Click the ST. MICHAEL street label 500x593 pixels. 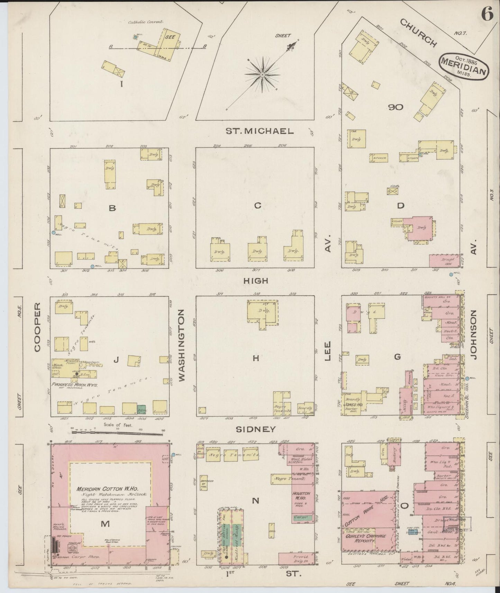(260, 131)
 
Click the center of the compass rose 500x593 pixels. (262, 74)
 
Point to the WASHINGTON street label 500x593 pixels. (182, 346)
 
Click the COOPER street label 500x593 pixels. (37, 327)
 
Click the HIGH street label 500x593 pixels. (256, 281)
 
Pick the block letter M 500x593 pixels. (105, 524)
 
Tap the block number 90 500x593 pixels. (396, 107)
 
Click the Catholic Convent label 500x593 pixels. (146, 22)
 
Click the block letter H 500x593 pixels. (255, 358)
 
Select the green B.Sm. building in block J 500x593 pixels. (141, 409)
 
